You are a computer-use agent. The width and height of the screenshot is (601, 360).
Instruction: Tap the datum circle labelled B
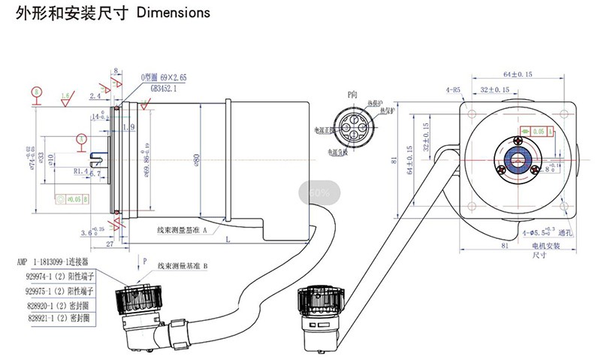(x=36, y=92)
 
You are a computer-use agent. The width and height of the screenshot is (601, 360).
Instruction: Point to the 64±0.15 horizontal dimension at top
(x=518, y=74)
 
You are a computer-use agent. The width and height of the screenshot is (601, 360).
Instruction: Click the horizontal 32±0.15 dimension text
(x=495, y=89)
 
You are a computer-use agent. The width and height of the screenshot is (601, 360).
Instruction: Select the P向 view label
(x=354, y=95)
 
